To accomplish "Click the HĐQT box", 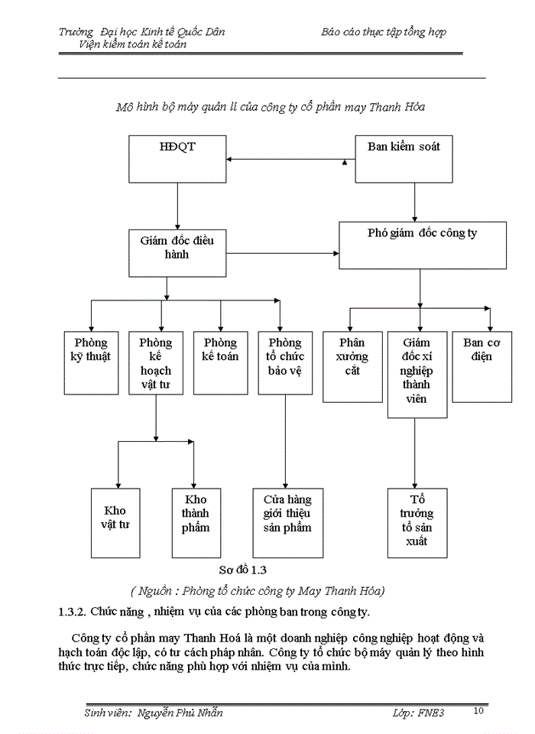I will click(177, 159).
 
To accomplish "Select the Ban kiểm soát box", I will click(404, 159).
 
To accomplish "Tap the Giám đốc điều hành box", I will click(177, 252).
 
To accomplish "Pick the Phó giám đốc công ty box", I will click(423, 245).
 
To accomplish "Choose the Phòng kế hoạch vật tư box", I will click(156, 362).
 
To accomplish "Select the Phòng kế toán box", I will click(220, 362).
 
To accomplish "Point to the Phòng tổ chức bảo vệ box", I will click(285, 362).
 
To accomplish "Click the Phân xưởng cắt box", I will click(352, 366).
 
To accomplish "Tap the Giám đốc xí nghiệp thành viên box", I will click(417, 374).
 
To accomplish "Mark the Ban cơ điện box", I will click(482, 366).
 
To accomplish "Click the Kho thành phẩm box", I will click(196, 521).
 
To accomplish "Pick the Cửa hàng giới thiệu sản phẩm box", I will click(285, 521).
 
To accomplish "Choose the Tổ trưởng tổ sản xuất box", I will click(417, 521).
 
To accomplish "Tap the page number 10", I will click(478, 711).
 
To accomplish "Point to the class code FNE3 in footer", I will click(430, 713).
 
